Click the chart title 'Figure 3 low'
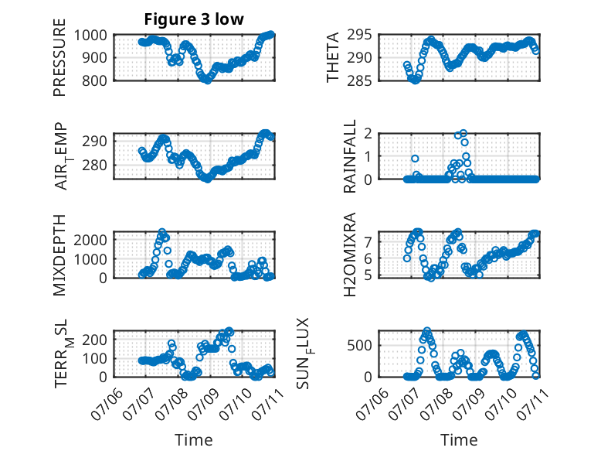coord(194,19)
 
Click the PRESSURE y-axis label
coord(59,57)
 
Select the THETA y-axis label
coord(333,57)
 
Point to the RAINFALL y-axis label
coord(350,155)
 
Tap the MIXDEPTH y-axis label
coord(59,255)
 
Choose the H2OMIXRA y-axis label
coord(350,255)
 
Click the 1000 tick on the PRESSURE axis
coord(90,36)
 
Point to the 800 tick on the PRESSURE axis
coord(95,81)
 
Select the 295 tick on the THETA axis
coord(359,36)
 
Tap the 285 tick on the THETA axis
coord(359,81)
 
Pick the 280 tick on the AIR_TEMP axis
coord(95,166)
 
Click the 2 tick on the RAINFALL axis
coord(368,134)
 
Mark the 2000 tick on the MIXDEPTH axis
coord(90,241)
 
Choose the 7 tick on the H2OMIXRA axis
coord(368,242)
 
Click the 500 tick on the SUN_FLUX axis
coord(359,346)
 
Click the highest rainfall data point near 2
coord(463,133)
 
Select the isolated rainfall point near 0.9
coord(415,159)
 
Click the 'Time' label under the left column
coord(194,440)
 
